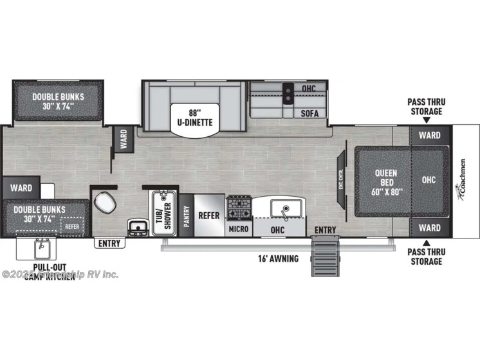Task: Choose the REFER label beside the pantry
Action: [x=209, y=215]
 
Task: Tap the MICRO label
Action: [x=238, y=229]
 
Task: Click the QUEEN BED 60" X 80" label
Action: [x=386, y=183]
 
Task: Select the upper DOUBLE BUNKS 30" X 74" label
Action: [x=59, y=102]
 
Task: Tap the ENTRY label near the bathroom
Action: [x=110, y=243]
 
